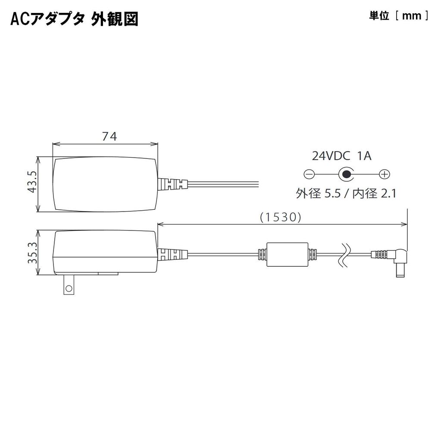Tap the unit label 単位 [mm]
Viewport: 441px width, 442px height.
click(399, 16)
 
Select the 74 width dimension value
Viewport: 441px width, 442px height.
click(109, 136)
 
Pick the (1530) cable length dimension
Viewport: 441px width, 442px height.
click(281, 217)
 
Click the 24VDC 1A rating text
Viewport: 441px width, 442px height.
click(341, 156)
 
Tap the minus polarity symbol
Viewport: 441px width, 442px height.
click(309, 174)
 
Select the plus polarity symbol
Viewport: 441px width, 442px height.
click(385, 174)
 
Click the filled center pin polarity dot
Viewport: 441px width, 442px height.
click(347, 174)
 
